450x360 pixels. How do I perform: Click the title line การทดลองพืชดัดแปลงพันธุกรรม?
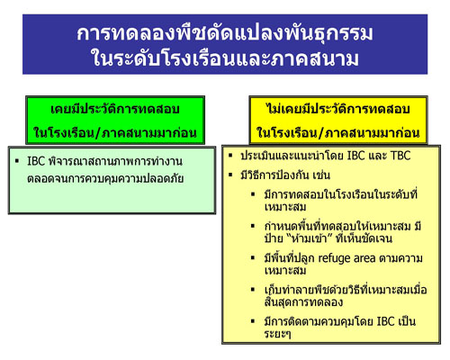pos(224,35)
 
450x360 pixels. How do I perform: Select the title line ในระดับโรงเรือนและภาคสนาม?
pos(224,60)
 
